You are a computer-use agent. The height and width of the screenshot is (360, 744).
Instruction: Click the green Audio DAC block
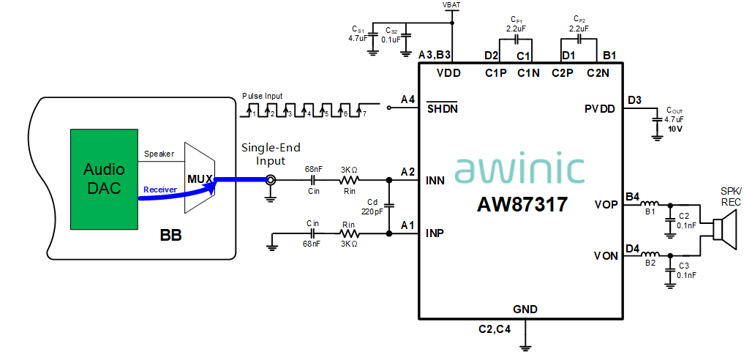click(104, 179)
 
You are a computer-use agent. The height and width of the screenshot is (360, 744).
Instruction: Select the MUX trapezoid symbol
click(200, 179)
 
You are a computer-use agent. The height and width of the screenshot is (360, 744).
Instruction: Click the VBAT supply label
click(451, 4)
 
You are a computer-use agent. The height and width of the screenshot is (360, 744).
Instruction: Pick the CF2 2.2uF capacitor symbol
click(579, 37)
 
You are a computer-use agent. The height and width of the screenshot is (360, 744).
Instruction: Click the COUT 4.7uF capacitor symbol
click(657, 120)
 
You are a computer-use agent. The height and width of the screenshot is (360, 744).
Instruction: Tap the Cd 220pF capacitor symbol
click(389, 206)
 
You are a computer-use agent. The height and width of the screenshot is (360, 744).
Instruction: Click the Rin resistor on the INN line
click(349, 180)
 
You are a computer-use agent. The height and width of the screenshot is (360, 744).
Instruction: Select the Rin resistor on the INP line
click(349, 233)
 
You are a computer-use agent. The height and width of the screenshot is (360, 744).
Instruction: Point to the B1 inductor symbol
click(650, 204)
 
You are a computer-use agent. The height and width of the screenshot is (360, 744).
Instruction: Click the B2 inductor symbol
click(650, 255)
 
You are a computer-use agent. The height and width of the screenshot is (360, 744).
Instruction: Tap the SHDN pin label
click(443, 108)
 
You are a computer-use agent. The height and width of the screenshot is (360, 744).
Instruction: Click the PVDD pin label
click(600, 109)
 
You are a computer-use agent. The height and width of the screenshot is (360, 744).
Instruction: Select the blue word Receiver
click(160, 190)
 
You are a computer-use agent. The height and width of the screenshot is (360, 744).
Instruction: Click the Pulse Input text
click(263, 97)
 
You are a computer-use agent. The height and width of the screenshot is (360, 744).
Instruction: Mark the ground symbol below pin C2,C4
click(525, 348)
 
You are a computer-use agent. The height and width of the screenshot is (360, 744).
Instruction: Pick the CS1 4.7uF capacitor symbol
click(373, 36)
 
